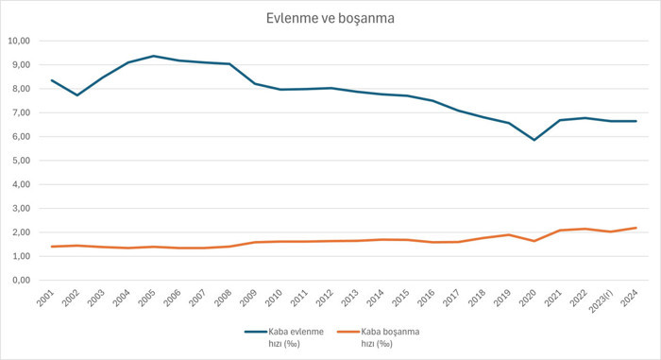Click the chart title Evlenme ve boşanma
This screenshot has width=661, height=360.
tap(330, 18)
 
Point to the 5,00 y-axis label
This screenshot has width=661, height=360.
tap(21, 161)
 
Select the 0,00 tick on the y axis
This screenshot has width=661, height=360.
tap(21, 280)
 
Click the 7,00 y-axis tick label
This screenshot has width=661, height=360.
tap(21, 112)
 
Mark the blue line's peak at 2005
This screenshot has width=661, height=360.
tap(154, 56)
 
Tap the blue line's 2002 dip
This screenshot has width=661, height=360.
tap(77, 94)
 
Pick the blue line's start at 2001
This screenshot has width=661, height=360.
tap(52, 80)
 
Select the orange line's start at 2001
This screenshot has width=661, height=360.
tap(52, 247)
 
